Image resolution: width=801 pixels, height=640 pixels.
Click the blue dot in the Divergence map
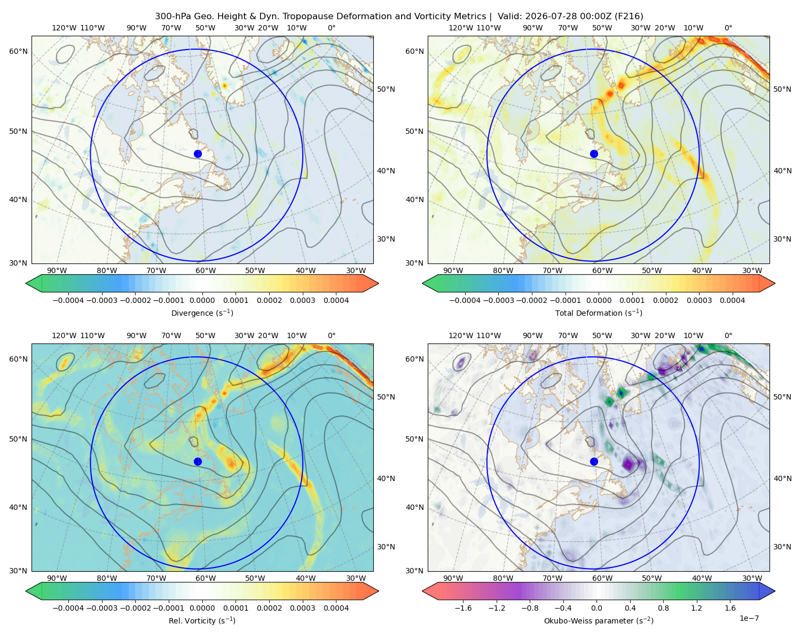(198, 154)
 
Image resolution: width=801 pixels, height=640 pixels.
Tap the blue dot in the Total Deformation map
(594, 154)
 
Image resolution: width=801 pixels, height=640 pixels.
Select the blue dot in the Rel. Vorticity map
(198, 461)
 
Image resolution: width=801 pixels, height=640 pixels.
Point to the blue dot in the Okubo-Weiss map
(594, 461)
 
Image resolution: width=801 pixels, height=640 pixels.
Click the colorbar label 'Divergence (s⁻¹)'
(202, 313)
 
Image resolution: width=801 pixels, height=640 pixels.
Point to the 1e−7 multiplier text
(749, 618)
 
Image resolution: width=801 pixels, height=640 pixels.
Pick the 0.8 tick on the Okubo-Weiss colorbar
(663, 607)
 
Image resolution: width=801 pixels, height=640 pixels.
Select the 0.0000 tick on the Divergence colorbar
(202, 300)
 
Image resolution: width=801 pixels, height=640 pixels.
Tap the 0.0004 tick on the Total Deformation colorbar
(732, 300)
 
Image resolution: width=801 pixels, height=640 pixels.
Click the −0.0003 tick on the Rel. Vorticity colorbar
(101, 607)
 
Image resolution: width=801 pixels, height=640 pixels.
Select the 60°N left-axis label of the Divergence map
(18, 51)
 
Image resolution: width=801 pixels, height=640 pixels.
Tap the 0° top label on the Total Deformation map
(728, 28)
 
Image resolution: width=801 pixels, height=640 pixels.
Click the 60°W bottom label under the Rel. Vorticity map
(206, 578)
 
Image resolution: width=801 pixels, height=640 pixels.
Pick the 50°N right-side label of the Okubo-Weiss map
(782, 397)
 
